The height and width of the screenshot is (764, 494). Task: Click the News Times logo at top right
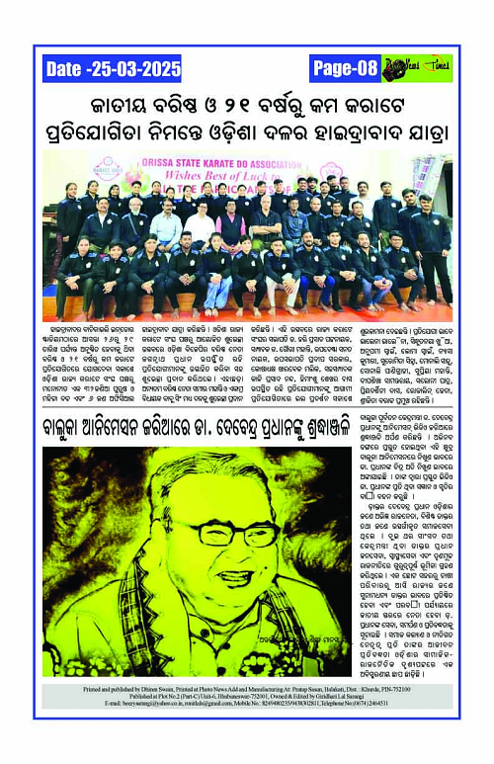[x=417, y=68]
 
